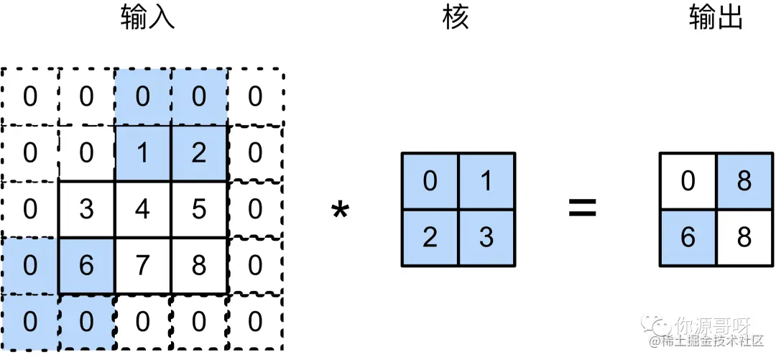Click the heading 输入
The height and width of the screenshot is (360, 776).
pyautogui.click(x=147, y=18)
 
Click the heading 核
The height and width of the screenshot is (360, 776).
pyautogui.click(x=456, y=18)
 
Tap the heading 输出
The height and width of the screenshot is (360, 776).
pyautogui.click(x=716, y=18)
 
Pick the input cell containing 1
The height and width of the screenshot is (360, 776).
pyautogui.click(x=142, y=152)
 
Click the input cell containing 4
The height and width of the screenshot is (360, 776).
pyautogui.click(x=142, y=209)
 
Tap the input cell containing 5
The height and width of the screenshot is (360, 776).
pyautogui.click(x=199, y=209)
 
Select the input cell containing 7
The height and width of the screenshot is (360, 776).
pyautogui.click(x=142, y=266)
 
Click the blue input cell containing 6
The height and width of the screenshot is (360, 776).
pyautogui.click(x=86, y=266)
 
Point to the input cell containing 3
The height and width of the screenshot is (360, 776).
pyautogui.click(x=86, y=209)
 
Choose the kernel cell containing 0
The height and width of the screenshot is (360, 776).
pyautogui.click(x=430, y=181)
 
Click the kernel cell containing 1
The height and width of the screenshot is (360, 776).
pyautogui.click(x=486, y=181)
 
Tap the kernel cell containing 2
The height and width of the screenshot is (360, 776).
pyautogui.click(x=430, y=238)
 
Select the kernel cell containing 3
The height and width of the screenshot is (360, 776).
pyautogui.click(x=486, y=238)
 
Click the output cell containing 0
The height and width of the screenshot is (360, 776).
pyautogui.click(x=688, y=181)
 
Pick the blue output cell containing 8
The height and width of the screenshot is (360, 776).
pyautogui.click(x=744, y=181)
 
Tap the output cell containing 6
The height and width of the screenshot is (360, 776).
pyautogui.click(x=688, y=238)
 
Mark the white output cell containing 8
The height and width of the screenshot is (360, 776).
pyautogui.click(x=744, y=238)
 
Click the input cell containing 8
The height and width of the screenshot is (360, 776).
pyautogui.click(x=199, y=266)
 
